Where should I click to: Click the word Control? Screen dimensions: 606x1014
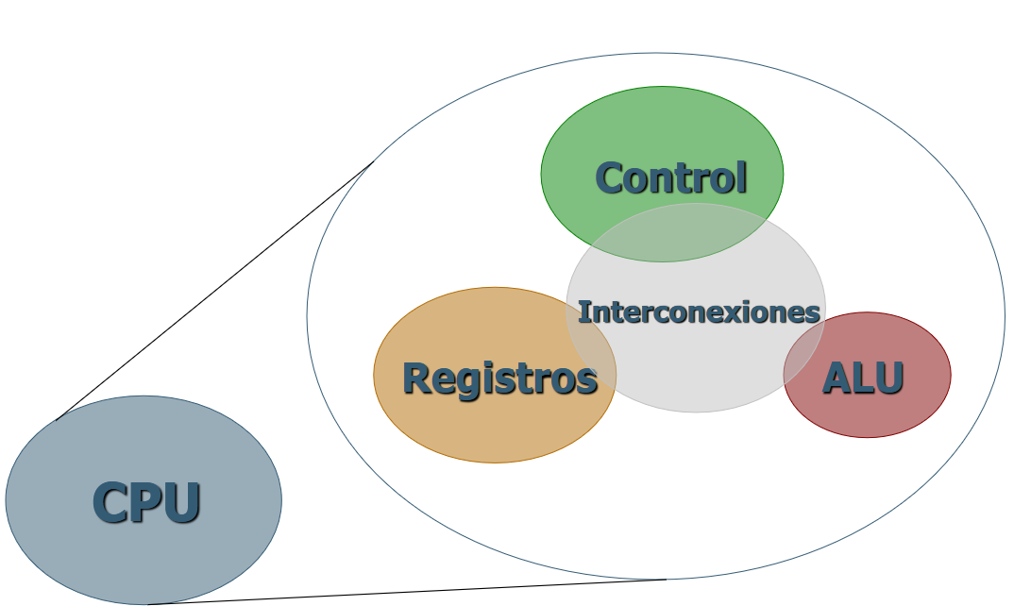(x=670, y=177)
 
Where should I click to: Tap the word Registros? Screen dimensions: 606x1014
(x=499, y=379)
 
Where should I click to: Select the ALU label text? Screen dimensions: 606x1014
(x=863, y=378)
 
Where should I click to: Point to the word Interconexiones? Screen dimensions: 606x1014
(x=698, y=311)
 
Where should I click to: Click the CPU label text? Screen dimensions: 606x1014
(x=146, y=502)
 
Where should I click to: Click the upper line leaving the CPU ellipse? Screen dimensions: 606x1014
(x=217, y=290)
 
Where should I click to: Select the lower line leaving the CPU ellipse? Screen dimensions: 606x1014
(x=406, y=592)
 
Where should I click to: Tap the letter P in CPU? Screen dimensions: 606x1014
(x=147, y=502)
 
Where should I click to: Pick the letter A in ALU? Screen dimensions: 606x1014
(x=835, y=378)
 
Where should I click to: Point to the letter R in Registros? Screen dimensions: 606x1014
(x=415, y=379)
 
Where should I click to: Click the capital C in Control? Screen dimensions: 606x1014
(x=609, y=177)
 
